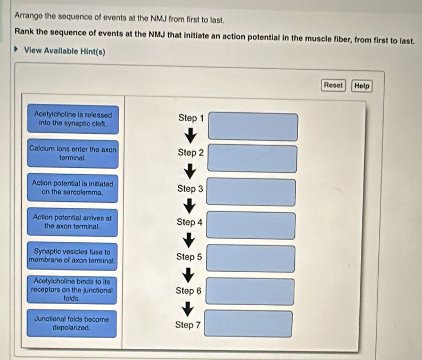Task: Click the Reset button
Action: [333, 85]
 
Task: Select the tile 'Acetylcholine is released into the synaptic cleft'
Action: [73, 118]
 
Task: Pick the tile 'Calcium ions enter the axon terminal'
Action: [73, 154]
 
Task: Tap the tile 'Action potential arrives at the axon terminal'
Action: [72, 222]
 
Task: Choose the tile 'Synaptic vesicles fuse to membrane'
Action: [72, 256]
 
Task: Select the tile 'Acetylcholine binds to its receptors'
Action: [72, 290]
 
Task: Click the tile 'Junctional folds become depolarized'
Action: [72, 324]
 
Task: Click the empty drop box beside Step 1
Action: [253, 127]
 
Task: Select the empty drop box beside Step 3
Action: [251, 192]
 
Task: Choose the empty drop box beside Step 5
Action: [250, 258]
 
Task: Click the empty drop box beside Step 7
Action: [249, 324]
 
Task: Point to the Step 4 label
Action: [189, 222]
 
